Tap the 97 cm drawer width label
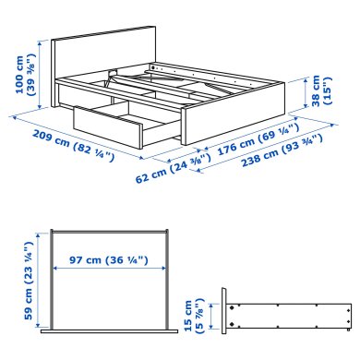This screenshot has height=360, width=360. coord(109,261)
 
